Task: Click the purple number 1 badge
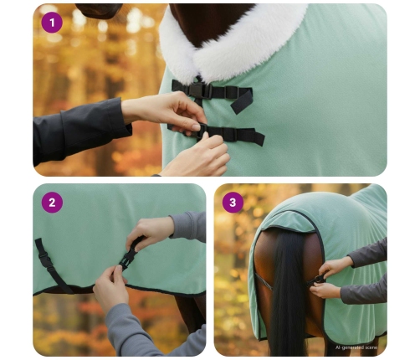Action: (52, 23)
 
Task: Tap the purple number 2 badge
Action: (52, 203)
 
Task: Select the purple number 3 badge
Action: (233, 203)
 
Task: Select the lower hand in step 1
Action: (197, 157)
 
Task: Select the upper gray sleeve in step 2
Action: (189, 226)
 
